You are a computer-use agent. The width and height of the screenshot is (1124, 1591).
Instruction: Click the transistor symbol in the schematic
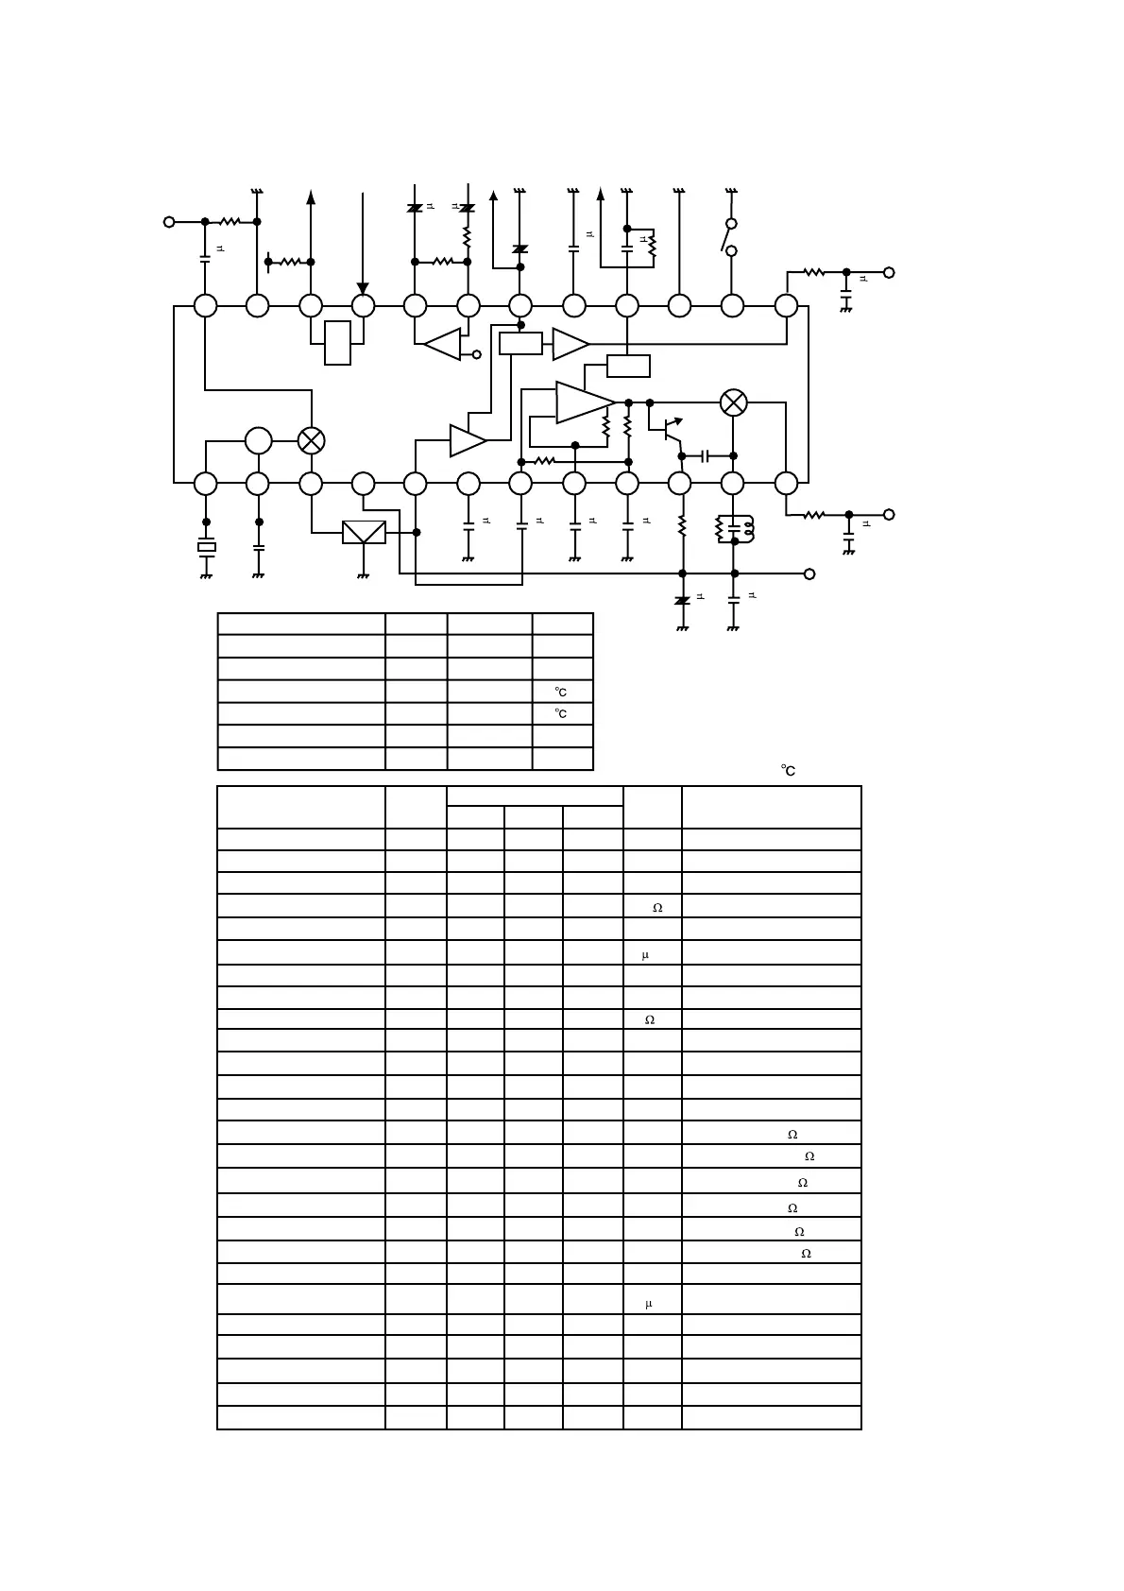(670, 430)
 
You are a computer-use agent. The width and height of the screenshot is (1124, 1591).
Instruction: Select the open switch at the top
(730, 237)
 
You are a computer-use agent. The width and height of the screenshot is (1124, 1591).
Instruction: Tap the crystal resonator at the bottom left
(206, 546)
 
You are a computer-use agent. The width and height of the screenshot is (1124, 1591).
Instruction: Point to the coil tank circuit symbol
(735, 529)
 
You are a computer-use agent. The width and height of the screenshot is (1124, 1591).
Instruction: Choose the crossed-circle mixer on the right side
(733, 402)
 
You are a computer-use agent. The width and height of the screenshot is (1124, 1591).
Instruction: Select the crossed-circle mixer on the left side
(311, 440)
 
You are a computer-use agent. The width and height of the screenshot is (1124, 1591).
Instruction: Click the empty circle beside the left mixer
(258, 440)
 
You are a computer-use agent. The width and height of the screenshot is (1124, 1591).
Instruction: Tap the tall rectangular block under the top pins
(337, 342)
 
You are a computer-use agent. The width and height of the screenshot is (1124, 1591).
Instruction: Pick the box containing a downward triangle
(364, 532)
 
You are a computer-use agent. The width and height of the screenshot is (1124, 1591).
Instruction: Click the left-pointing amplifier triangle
(442, 344)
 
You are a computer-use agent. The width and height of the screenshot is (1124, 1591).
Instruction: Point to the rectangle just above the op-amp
(628, 366)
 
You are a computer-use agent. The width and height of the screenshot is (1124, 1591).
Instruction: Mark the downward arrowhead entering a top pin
(363, 288)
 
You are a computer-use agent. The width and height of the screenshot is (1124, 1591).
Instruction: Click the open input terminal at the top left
(169, 222)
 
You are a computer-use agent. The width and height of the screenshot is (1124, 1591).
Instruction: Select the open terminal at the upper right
(888, 272)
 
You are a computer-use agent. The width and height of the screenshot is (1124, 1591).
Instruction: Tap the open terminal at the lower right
(888, 515)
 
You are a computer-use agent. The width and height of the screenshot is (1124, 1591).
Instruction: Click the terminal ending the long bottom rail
(809, 573)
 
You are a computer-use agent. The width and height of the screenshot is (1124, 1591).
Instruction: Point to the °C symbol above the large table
(788, 771)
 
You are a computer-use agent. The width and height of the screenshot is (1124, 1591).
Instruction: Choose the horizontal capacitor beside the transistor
(705, 456)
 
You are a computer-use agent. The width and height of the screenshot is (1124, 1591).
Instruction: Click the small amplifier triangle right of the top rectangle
(570, 344)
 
